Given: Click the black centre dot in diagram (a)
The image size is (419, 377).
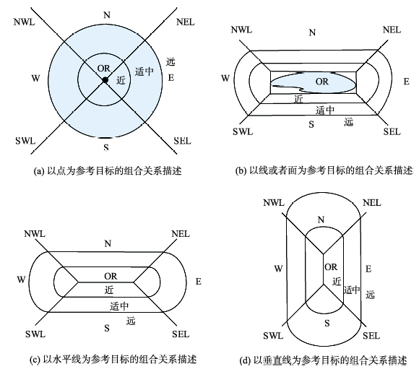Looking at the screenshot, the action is coord(105,79).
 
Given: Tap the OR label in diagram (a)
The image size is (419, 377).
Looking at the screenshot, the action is coord(104,69).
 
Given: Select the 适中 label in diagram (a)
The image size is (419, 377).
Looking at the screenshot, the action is coord(144,71).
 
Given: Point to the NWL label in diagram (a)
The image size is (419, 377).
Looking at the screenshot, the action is coord(24,22).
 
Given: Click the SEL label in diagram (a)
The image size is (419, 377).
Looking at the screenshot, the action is coord(182,141).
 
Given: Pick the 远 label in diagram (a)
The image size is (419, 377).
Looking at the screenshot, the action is coord(170,61).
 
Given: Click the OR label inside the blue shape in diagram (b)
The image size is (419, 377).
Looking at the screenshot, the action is coord(321,82).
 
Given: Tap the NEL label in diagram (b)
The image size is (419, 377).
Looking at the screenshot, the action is coord(392,30).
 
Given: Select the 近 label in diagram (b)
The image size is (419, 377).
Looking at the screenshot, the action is coord(298,99).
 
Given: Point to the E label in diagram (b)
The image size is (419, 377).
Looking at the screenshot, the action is coord(407,82).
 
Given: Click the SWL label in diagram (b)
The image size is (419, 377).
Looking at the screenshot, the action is coord(243,131).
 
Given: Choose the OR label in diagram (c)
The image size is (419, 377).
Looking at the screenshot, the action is coord(111,276).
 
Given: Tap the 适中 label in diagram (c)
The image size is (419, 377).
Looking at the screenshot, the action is coord(119,306).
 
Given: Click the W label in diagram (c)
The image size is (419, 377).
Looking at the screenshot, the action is coord(21,279).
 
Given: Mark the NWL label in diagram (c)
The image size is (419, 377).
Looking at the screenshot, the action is coord(35,234).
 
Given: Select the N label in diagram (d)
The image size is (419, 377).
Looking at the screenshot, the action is coord(321,220).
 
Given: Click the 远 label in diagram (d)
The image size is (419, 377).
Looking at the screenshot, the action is coord(370,295).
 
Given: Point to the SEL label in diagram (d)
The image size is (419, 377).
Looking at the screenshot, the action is coord(371,336).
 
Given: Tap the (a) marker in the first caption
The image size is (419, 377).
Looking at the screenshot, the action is coord(39,171).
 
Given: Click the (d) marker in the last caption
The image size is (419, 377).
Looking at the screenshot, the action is coord(245,360).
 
